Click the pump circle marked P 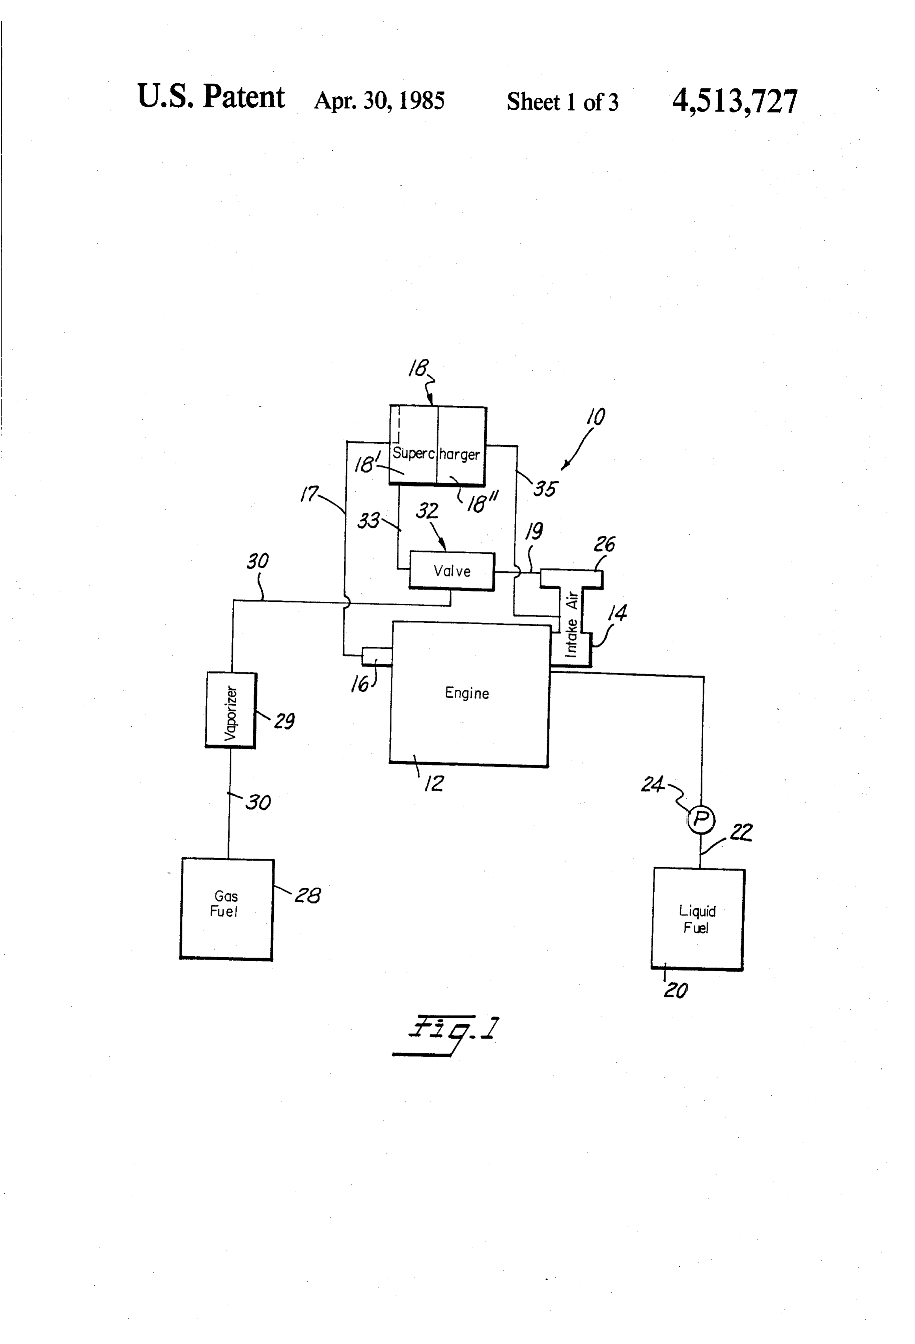701,819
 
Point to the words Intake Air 572,624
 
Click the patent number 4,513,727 734,102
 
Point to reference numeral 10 596,417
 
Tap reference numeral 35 545,489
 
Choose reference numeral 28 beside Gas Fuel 308,895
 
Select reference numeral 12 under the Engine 434,784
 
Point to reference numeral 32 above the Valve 428,511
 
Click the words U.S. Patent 211,97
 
